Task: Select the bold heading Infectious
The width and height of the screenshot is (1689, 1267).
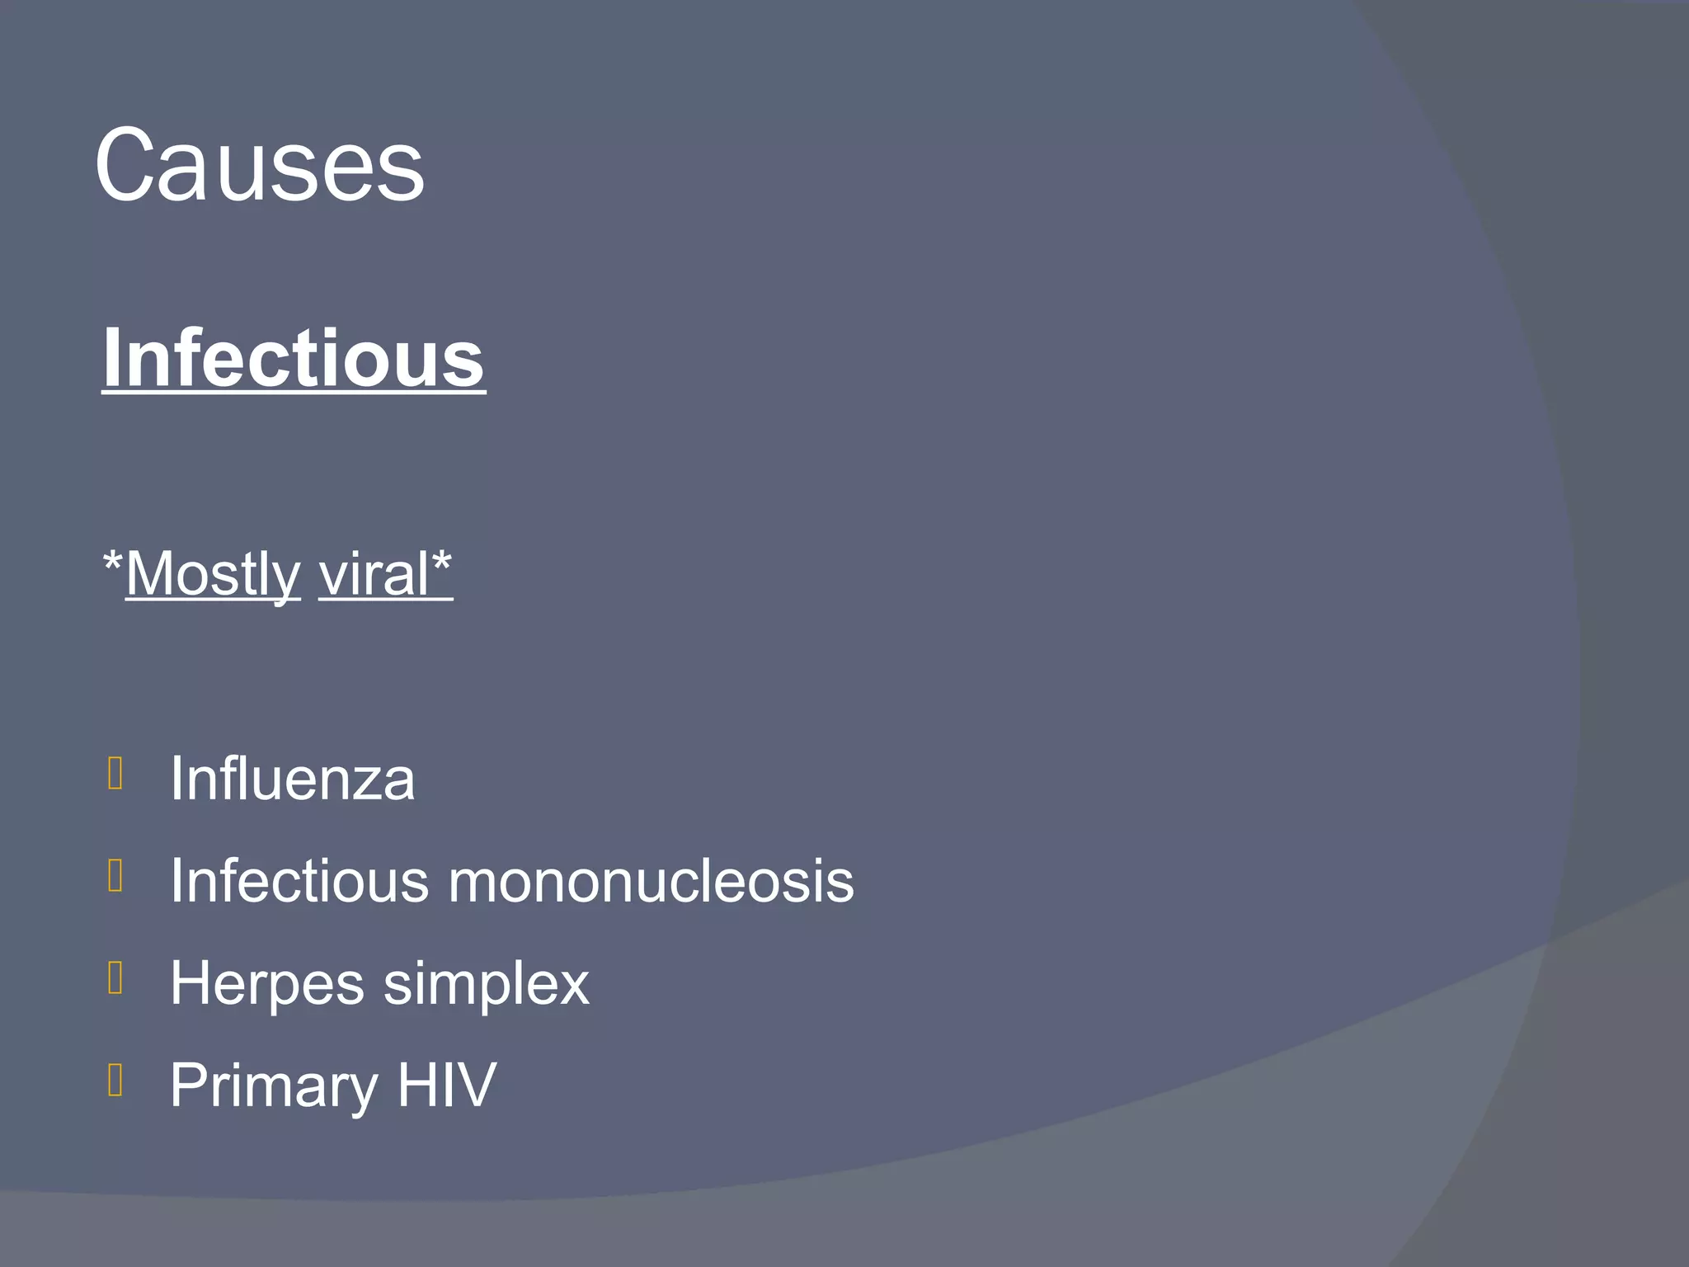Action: [x=294, y=358]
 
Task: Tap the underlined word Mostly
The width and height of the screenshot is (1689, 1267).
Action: [x=213, y=574]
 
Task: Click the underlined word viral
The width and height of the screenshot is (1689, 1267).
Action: [x=374, y=574]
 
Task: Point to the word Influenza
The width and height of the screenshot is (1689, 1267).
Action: [x=292, y=779]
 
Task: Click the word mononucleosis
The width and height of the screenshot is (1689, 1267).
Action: [x=651, y=881]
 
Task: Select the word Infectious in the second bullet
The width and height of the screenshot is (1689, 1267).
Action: [x=299, y=881]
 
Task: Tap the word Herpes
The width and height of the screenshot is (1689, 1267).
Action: [x=266, y=983]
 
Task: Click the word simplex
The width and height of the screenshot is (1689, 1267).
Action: [x=487, y=983]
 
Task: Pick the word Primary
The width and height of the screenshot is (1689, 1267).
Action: [x=273, y=1086]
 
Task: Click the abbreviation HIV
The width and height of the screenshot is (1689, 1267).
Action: [x=447, y=1086]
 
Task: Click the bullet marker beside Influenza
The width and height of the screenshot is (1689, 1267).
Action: [x=115, y=774]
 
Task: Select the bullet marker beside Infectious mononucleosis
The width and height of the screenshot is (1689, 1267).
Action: [x=115, y=876]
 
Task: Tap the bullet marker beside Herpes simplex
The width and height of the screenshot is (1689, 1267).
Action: [x=115, y=978]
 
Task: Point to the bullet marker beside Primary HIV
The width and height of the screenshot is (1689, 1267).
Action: [x=115, y=1081]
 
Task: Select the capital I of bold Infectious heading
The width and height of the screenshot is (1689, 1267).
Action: [x=111, y=358]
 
